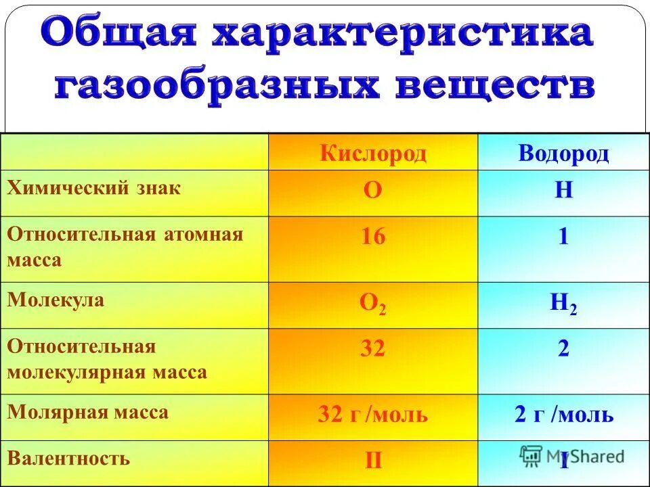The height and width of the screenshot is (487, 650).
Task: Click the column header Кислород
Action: pyautogui.click(x=373, y=154)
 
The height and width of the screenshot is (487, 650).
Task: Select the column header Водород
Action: pyautogui.click(x=563, y=154)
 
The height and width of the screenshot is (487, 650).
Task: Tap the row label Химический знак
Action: pyautogui.click(x=94, y=188)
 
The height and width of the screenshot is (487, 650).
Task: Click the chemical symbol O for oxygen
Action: pyautogui.click(x=373, y=191)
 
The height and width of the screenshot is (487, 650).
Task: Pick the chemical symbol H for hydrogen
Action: pyautogui.click(x=563, y=191)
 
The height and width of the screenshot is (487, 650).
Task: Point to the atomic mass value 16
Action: pyautogui.click(x=373, y=237)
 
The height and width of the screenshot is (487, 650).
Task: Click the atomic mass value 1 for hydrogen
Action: pyautogui.click(x=563, y=237)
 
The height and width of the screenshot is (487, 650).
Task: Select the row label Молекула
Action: pyautogui.click(x=56, y=300)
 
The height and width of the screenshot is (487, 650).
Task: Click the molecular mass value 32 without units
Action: pyautogui.click(x=373, y=348)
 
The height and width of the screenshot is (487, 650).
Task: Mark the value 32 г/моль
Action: pyautogui.click(x=373, y=414)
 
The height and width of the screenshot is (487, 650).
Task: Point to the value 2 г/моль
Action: pyautogui.click(x=563, y=414)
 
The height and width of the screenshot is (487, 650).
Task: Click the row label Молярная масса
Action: pyautogui.click(x=88, y=412)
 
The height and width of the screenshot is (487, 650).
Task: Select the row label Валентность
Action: pyautogui.click(x=68, y=458)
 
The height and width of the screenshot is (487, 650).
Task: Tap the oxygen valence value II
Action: pyautogui.click(x=373, y=461)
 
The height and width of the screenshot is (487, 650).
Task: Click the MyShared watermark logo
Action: pyautogui.click(x=573, y=455)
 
